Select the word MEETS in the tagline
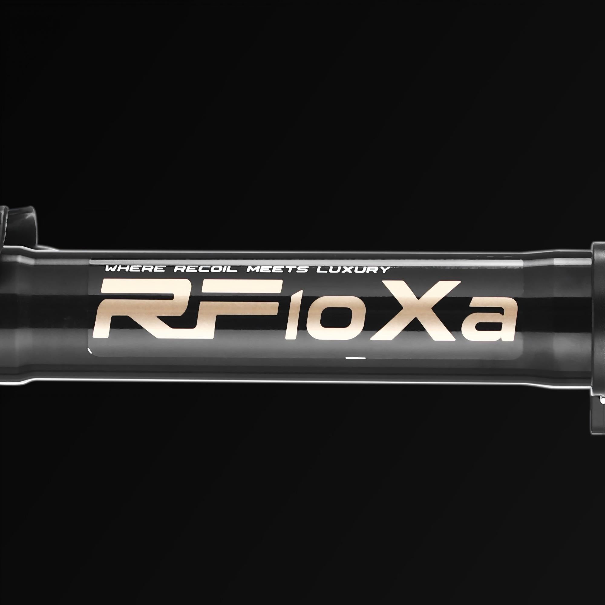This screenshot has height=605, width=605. (277, 269)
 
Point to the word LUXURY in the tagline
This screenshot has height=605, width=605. (353, 270)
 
